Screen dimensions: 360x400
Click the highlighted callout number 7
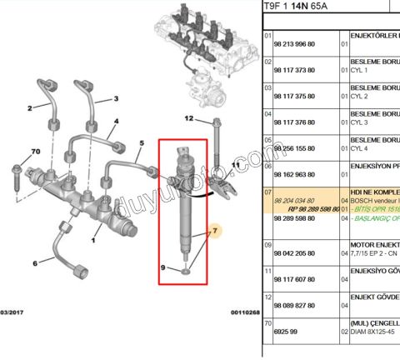pos(214,231)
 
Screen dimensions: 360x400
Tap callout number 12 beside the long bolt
pos(188,119)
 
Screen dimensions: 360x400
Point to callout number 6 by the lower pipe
pos(35,263)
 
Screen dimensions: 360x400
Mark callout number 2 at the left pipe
pos(29,108)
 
